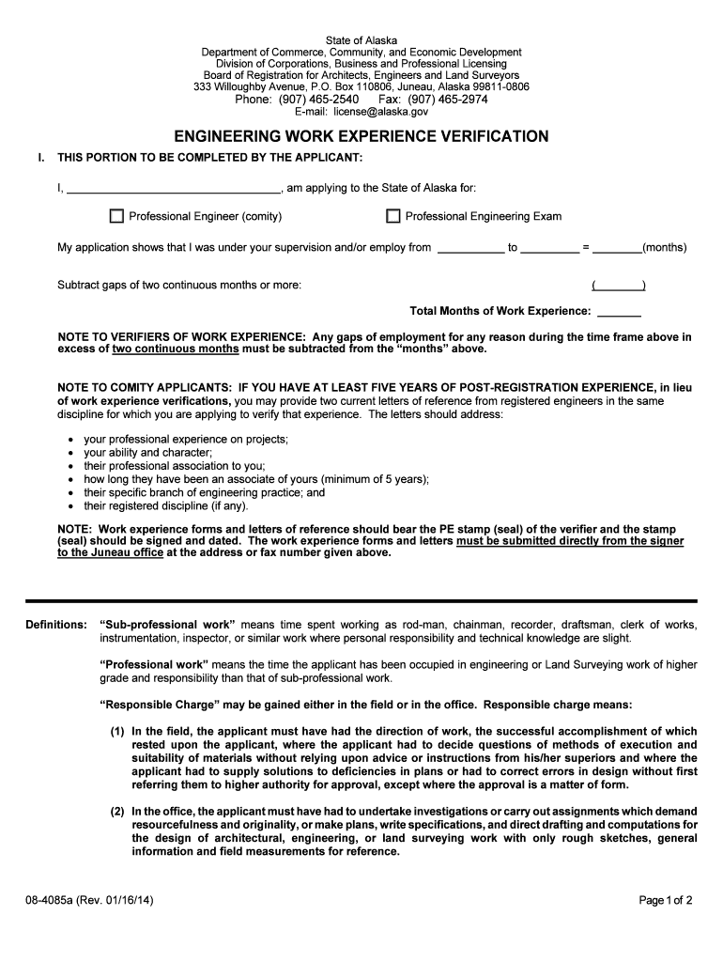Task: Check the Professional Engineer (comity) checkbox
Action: point(116,217)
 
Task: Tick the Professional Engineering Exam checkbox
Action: point(393,217)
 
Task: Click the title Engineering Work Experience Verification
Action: point(361,137)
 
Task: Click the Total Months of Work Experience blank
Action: point(619,312)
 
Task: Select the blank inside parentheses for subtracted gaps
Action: point(618,286)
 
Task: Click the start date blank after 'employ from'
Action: point(470,249)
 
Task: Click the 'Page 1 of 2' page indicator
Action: point(665,900)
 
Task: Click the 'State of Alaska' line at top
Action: point(361,39)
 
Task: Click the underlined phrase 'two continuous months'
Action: point(176,349)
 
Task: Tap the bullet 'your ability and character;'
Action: point(147,453)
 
